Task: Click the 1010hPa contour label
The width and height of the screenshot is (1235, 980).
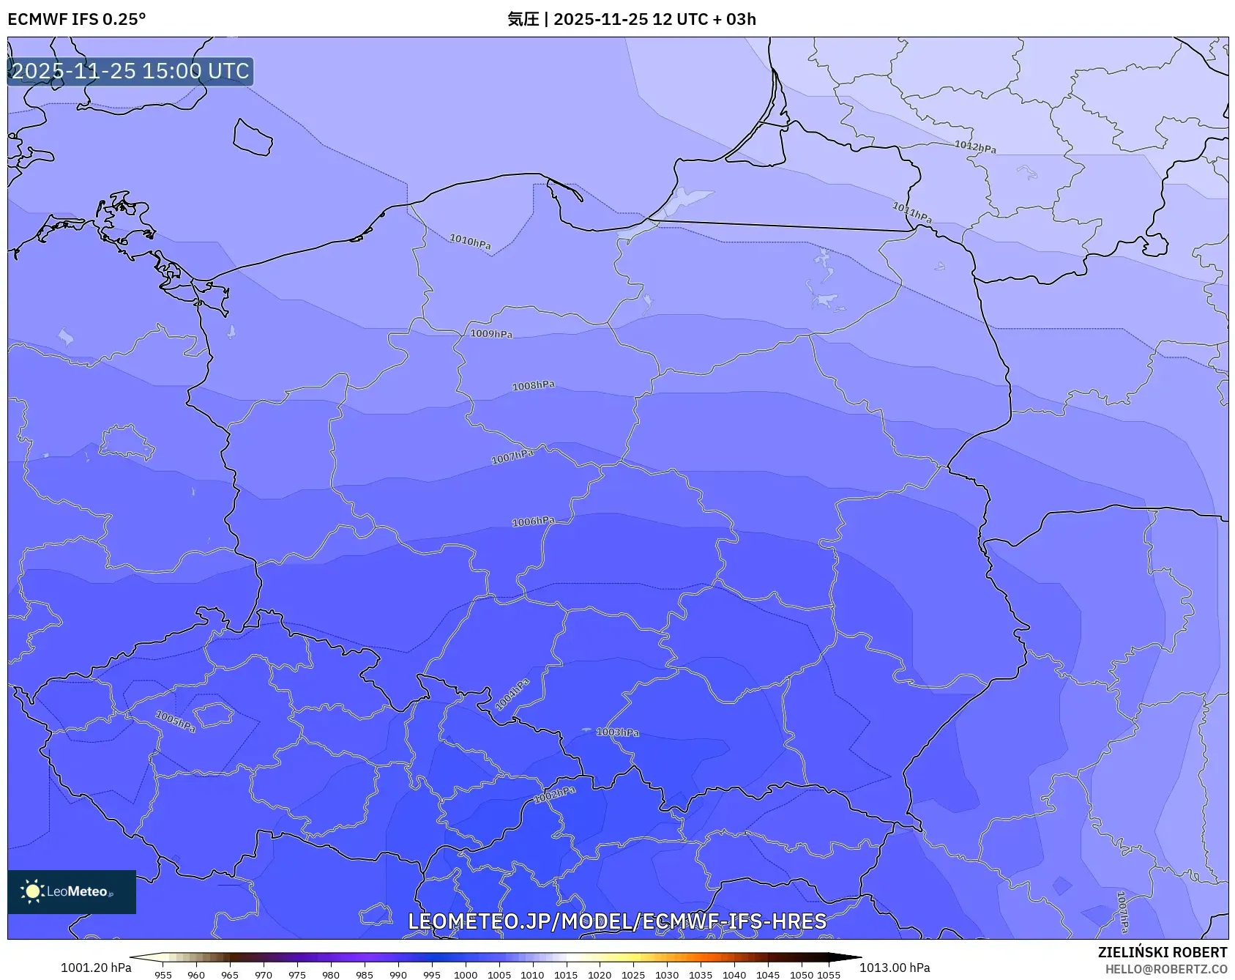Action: pos(470,241)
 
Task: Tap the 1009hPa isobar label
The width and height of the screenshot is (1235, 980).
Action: pos(491,334)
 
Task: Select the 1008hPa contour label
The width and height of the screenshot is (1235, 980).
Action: pos(533,385)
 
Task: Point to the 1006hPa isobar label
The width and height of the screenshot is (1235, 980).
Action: pos(533,521)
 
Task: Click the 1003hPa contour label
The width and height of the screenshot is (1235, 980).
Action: pos(617,732)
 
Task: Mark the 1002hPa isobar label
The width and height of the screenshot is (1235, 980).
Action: pos(555,795)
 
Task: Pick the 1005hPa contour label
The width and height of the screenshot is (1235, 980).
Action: pos(176,721)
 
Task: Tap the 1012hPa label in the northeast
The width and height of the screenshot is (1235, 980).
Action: pos(975,146)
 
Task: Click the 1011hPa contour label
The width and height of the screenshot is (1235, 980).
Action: pos(911,212)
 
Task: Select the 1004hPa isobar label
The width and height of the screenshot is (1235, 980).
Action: pos(512,694)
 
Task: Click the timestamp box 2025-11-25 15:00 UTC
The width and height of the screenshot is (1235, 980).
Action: pos(130,71)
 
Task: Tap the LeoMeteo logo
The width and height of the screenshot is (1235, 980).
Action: pos(72,891)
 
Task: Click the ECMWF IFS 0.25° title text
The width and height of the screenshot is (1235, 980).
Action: pos(77,19)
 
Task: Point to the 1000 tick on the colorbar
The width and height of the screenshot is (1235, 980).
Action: pos(466,974)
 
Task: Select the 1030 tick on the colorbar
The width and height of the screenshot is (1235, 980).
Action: pos(667,974)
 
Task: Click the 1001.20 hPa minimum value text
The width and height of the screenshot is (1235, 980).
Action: pos(96,968)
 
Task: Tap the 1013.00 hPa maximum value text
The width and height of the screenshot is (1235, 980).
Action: pos(895,968)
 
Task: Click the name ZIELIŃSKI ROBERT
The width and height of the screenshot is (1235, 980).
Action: pos(1162,952)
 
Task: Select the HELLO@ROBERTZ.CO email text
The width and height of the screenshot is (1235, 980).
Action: pos(1165,969)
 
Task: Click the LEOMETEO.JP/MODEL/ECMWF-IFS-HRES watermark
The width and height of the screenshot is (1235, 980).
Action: pos(617,921)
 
